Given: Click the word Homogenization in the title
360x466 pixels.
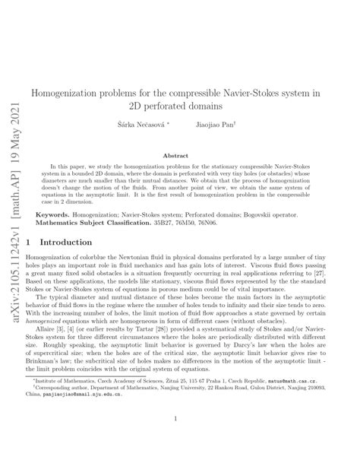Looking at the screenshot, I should pos(69,92).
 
